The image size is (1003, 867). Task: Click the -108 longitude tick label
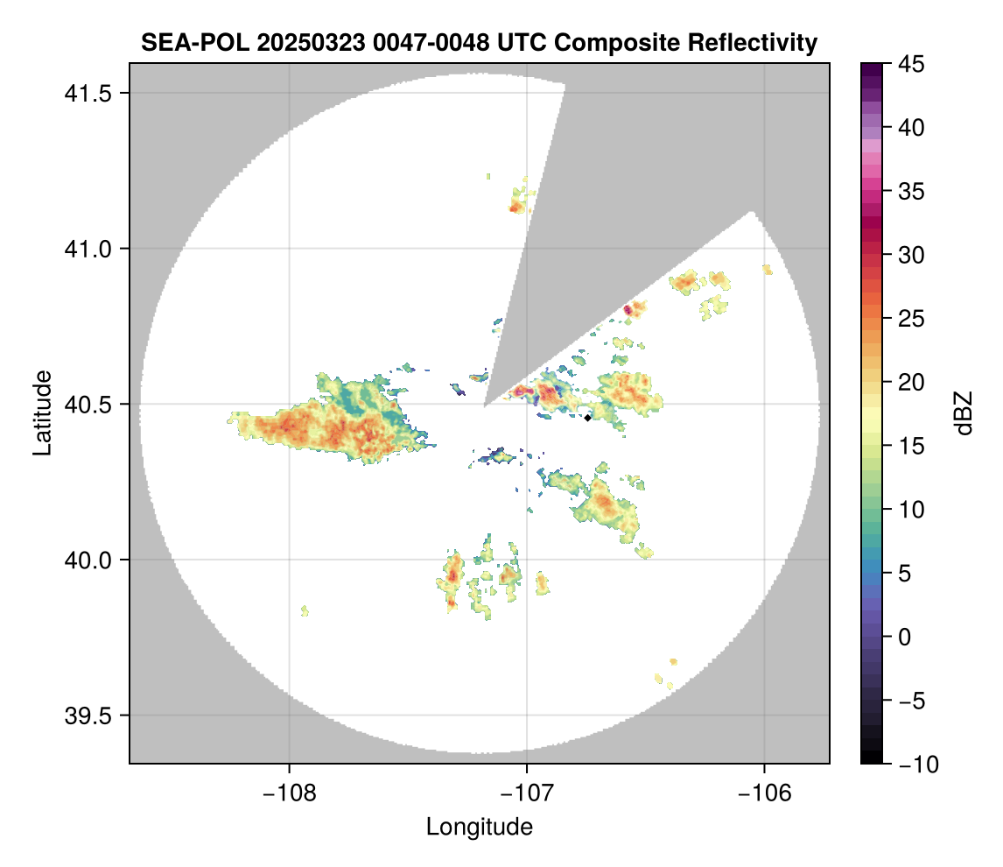pyautogui.click(x=288, y=793)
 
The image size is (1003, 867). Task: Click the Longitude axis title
pyautogui.click(x=479, y=826)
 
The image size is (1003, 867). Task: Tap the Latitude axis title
pyautogui.click(x=41, y=412)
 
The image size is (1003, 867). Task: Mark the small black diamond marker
pyautogui.click(x=587, y=418)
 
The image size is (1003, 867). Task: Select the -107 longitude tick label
pyautogui.click(x=526, y=793)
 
